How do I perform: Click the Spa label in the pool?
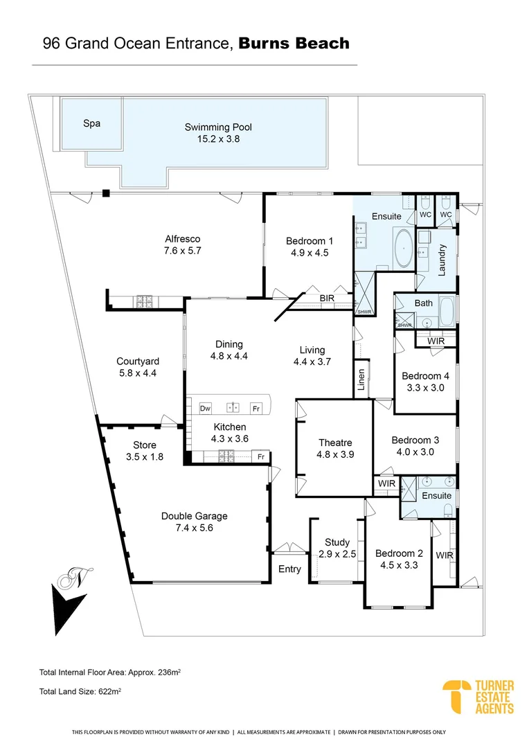(92, 124)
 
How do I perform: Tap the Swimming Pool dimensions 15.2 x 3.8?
(218, 139)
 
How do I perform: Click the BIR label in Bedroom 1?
(328, 299)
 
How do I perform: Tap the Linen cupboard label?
(361, 380)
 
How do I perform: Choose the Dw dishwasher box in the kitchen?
(205, 409)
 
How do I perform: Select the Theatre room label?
(335, 443)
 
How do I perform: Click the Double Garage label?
(194, 516)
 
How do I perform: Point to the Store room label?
(145, 445)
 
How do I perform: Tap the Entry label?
(289, 569)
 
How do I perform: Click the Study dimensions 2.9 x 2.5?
(337, 554)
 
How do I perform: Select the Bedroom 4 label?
(426, 376)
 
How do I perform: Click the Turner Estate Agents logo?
(478, 696)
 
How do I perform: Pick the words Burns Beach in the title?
(294, 44)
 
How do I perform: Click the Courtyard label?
(138, 362)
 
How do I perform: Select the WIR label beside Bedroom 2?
(444, 555)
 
